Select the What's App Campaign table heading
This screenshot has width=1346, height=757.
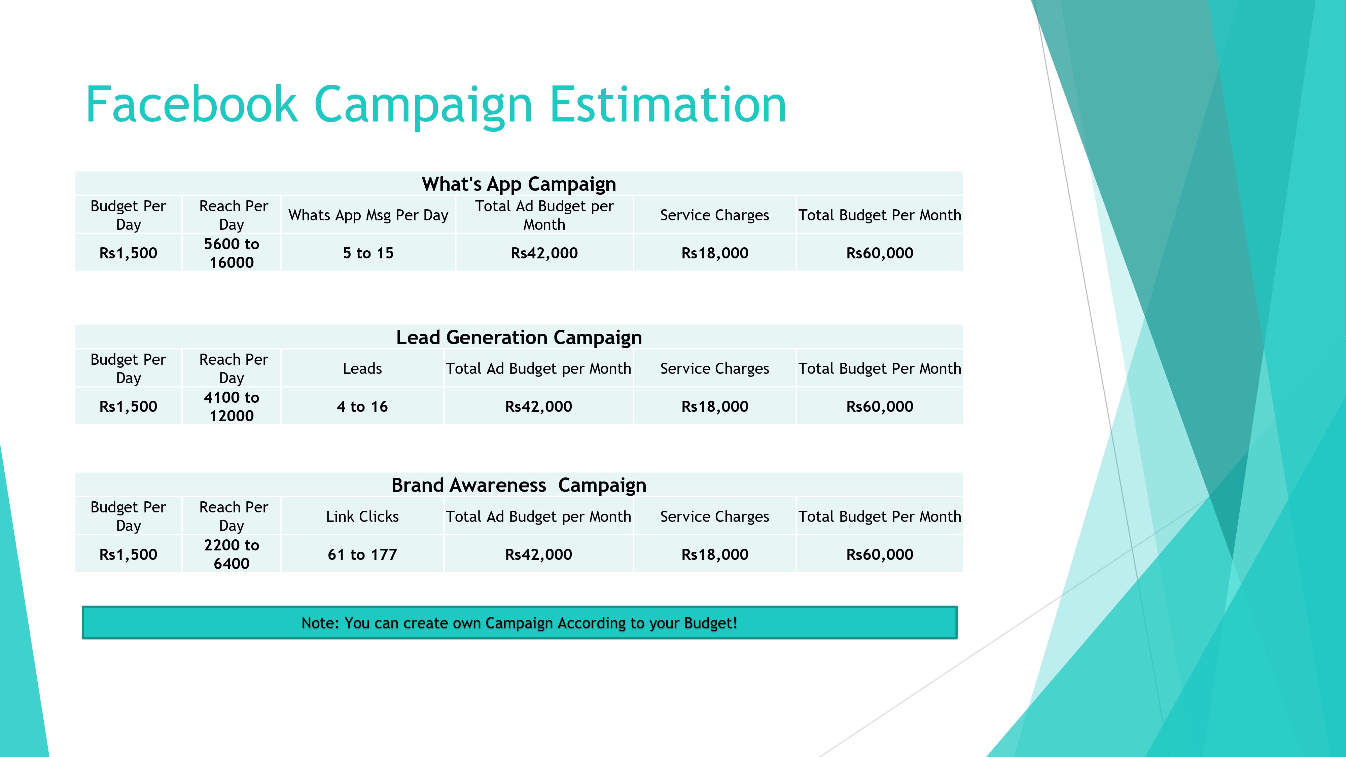click(x=519, y=184)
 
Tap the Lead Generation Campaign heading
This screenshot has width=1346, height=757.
click(x=519, y=337)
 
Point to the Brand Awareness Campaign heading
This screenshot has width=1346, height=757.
click(x=519, y=485)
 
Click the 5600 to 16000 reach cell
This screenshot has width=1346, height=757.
click(x=232, y=253)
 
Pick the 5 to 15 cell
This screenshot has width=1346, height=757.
click(x=368, y=253)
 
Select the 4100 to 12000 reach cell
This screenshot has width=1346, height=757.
click(x=232, y=406)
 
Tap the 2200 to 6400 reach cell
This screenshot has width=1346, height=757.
click(x=232, y=554)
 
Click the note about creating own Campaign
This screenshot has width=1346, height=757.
click(x=519, y=623)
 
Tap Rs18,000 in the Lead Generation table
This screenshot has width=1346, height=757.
click(x=715, y=406)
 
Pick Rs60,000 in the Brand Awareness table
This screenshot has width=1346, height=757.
click(x=880, y=554)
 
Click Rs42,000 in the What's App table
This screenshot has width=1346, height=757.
click(x=544, y=253)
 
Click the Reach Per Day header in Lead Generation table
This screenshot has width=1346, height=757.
click(x=233, y=368)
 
